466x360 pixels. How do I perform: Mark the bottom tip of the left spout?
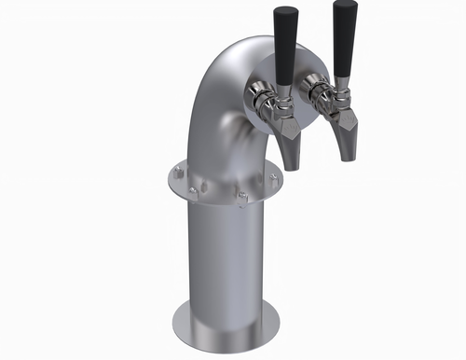291,168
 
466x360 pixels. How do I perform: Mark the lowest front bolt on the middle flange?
240,198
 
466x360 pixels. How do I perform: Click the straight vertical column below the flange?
224,261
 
